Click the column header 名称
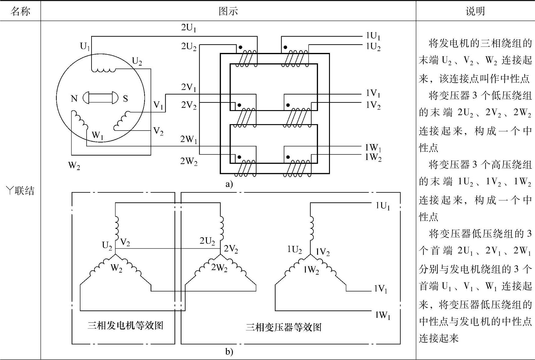[x=20, y=12]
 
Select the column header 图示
[x=228, y=12]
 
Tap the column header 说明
[x=475, y=12]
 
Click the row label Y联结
[x=20, y=191]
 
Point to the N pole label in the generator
[x=74, y=98]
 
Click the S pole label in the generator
[x=125, y=98]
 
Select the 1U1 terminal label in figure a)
[x=373, y=36]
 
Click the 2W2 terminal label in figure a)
[x=189, y=161]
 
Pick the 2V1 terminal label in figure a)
[x=189, y=87]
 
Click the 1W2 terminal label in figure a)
[x=373, y=158]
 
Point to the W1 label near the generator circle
[x=98, y=135]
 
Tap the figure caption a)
[x=229, y=184]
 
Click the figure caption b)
[x=229, y=352]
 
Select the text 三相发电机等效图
[x=125, y=325]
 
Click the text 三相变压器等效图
[x=283, y=328]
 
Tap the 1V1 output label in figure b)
[x=380, y=289]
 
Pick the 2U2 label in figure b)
[x=207, y=241]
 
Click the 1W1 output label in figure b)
[x=383, y=315]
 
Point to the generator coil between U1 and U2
[x=104, y=70]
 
